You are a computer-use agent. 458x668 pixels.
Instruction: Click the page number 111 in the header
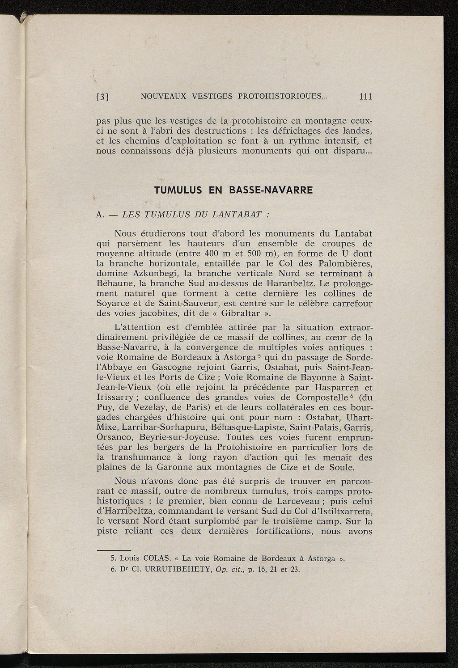(365, 97)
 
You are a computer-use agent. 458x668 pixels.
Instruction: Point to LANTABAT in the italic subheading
(236, 214)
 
